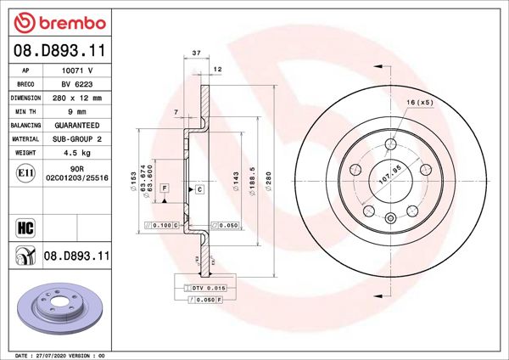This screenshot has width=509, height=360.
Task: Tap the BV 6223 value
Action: click(79, 84)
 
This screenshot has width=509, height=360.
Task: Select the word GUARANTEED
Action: click(79, 124)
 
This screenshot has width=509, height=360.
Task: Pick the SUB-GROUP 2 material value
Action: click(79, 138)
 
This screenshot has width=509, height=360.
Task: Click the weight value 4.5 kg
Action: click(79, 153)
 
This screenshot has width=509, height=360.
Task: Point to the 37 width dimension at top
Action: click(196, 53)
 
